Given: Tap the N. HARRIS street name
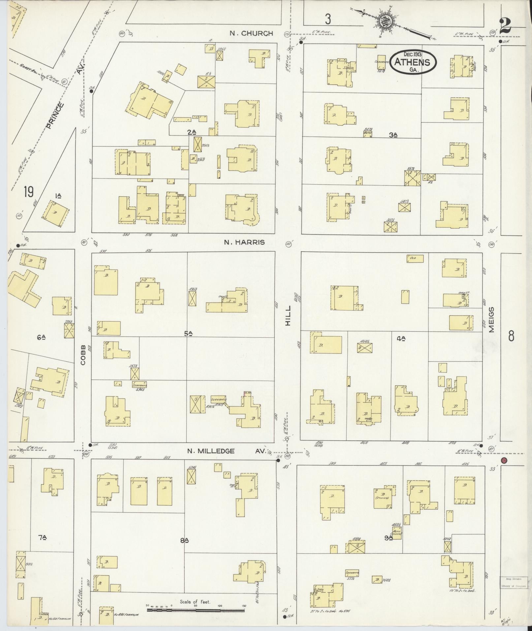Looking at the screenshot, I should click(244, 242).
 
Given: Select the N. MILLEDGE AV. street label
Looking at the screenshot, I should click(226, 451).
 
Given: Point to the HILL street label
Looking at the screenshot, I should click(289, 316).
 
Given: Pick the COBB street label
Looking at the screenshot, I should click(82, 355).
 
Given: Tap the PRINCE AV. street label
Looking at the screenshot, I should click(65, 96).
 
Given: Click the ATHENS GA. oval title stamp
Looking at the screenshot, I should click(413, 62).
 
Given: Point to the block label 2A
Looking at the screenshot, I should click(192, 133).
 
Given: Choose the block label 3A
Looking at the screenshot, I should click(393, 135).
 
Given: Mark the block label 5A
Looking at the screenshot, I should click(188, 334).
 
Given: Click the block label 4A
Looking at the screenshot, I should click(401, 338).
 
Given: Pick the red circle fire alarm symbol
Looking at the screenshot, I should click(504, 460).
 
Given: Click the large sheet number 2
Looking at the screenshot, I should click(505, 26).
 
